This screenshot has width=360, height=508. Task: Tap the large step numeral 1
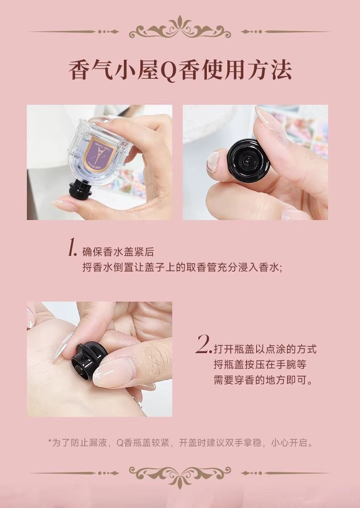72,248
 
